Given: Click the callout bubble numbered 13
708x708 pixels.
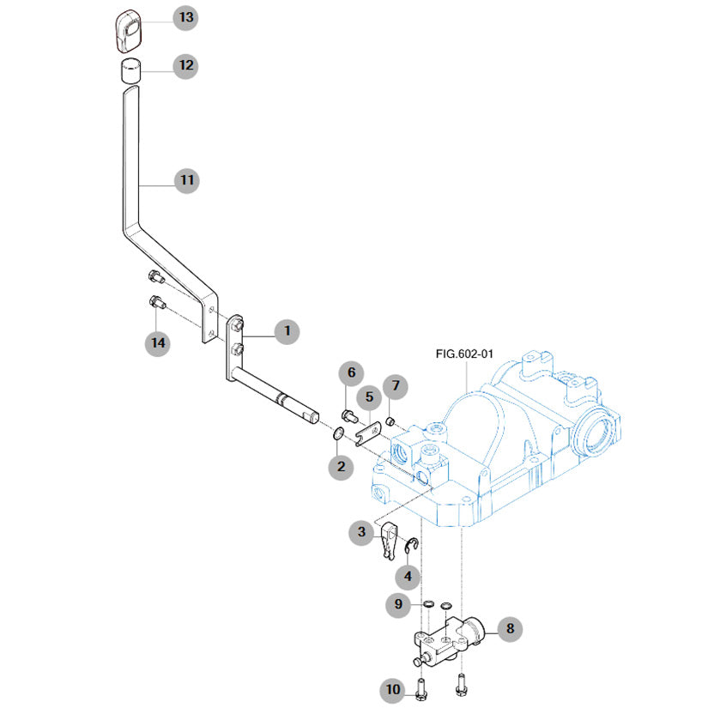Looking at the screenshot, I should (x=186, y=17).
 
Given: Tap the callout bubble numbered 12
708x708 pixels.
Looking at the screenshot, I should (x=186, y=65).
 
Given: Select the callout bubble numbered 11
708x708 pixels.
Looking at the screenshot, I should (x=186, y=180).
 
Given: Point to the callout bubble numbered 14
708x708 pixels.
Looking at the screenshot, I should (x=157, y=342).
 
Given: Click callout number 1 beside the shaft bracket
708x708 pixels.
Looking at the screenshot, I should (x=287, y=330).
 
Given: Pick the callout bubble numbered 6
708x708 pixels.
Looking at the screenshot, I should (x=350, y=373).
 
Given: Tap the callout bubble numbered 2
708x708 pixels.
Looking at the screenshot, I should (x=341, y=467).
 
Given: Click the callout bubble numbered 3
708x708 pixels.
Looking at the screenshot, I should (x=362, y=532).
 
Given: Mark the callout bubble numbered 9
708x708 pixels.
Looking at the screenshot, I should (x=398, y=605).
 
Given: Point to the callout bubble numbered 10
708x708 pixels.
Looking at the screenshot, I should (x=393, y=688).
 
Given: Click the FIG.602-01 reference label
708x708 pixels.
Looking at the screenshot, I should (x=464, y=353).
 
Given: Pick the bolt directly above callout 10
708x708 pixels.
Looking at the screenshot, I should (x=421, y=687).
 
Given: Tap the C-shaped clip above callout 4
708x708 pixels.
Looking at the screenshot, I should (x=413, y=547).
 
